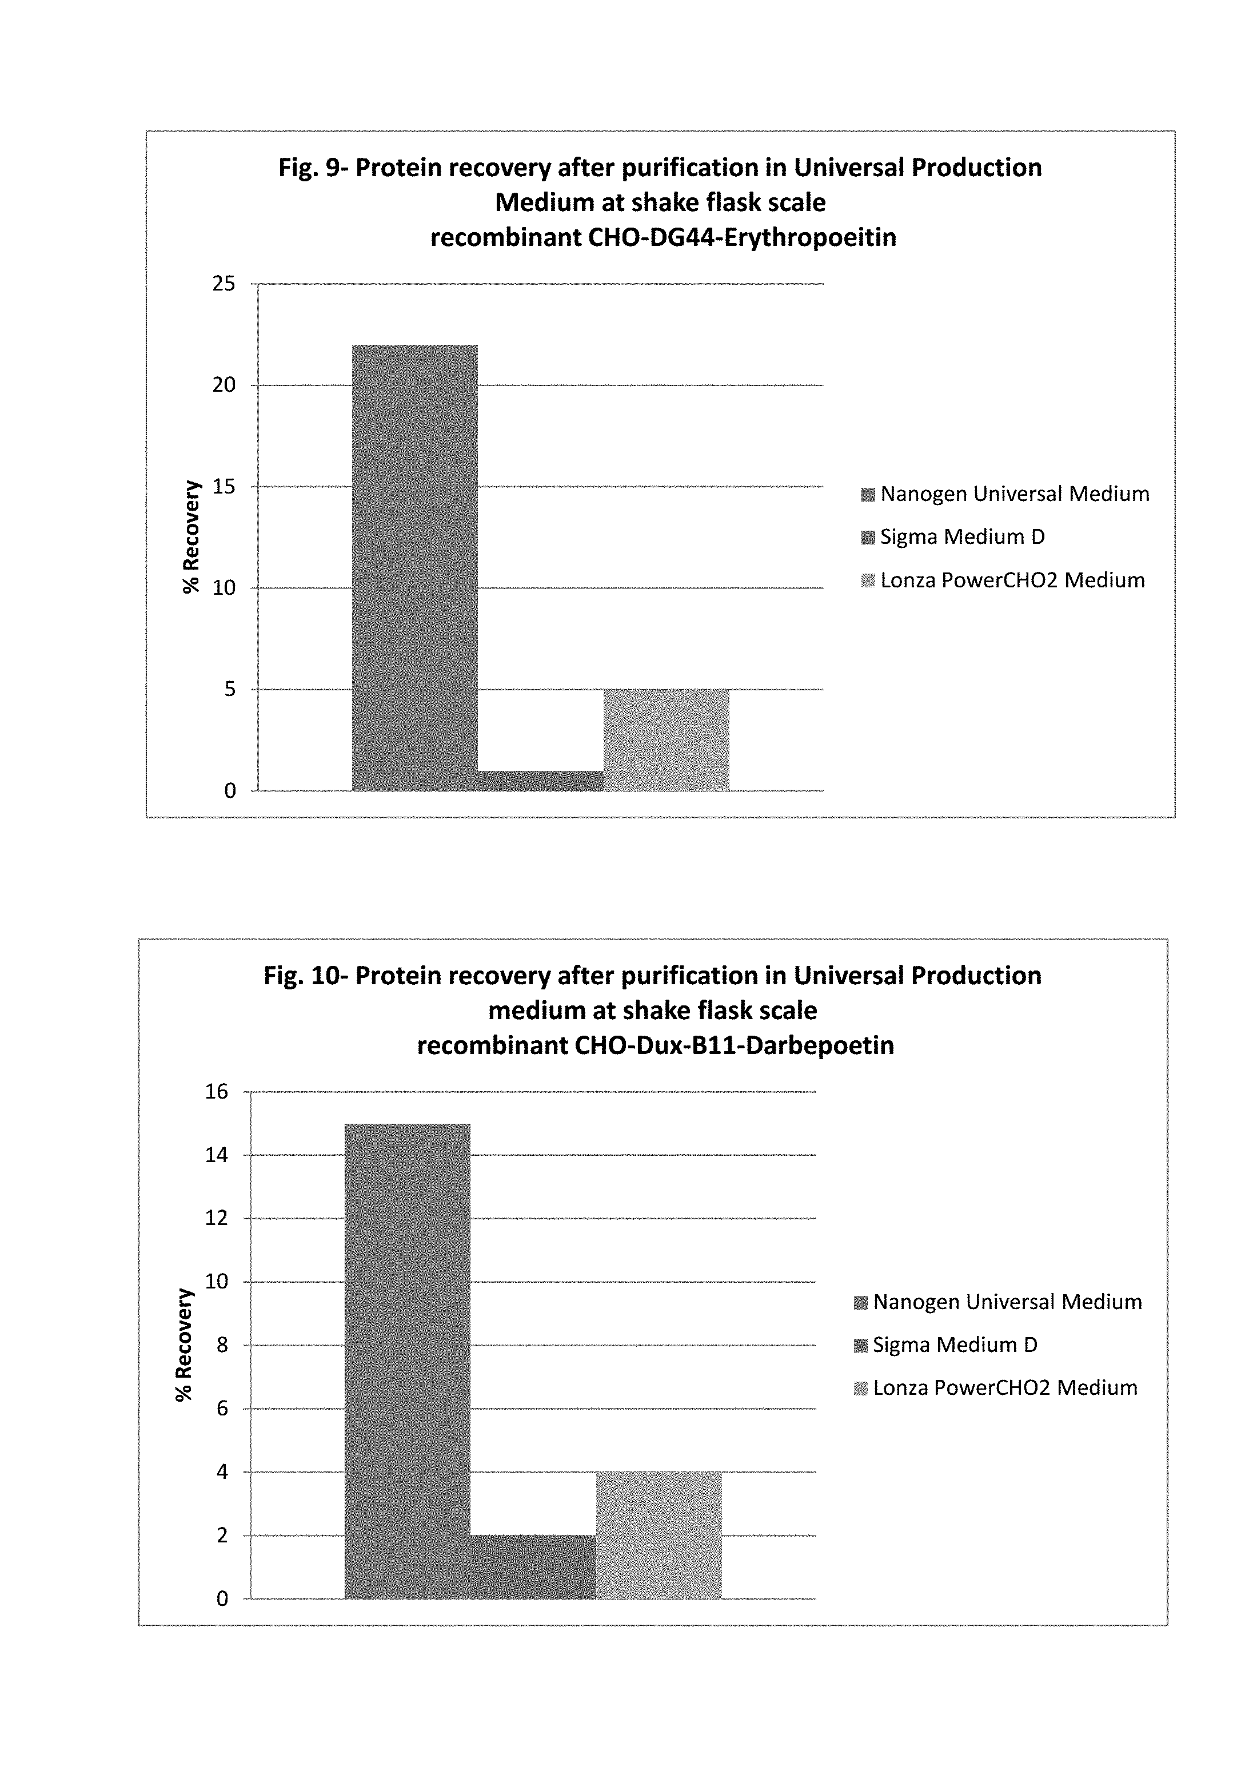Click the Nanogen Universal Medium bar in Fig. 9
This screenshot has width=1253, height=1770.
coord(414,567)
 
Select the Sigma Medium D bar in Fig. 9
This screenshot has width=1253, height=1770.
coord(540,781)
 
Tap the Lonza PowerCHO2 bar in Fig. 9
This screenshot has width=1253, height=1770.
coord(666,739)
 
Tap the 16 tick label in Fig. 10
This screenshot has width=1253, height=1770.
coord(217,1092)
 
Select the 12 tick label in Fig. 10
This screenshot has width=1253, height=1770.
coord(217,1218)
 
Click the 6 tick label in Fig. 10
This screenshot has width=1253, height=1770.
coord(222,1409)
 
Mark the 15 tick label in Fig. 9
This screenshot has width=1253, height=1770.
coord(224,486)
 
